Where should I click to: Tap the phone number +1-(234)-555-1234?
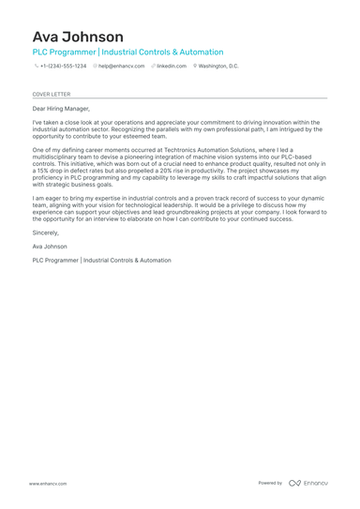(x=63, y=67)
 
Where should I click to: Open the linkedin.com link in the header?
(x=172, y=67)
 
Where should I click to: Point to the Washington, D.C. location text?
(x=218, y=67)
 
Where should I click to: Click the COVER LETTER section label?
(x=51, y=95)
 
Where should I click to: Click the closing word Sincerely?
(x=45, y=232)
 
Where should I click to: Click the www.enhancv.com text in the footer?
(x=47, y=483)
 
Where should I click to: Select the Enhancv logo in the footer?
(x=308, y=483)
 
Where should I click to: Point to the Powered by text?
(x=270, y=483)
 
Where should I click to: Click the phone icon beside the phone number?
(x=36, y=67)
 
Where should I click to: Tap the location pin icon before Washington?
(x=195, y=67)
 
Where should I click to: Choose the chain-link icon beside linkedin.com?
(x=153, y=67)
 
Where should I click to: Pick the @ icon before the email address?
(x=96, y=67)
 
